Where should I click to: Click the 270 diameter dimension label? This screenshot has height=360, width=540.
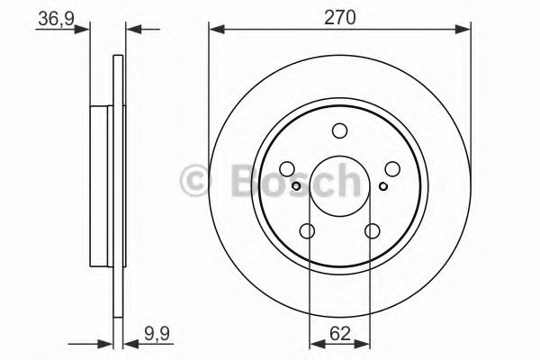click(340, 15)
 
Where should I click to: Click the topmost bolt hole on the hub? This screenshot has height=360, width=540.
click(340, 130)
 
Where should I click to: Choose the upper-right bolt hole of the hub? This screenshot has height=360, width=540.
click(392, 168)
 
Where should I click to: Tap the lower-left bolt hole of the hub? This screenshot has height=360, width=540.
click(308, 231)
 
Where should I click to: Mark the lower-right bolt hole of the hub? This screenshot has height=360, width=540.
click(373, 231)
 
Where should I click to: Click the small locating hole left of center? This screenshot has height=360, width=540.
click(298, 186)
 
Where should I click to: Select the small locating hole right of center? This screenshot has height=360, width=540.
click(382, 186)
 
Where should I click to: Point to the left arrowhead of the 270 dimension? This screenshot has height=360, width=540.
click(215, 31)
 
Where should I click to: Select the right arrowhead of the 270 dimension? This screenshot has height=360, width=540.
click(465, 31)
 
